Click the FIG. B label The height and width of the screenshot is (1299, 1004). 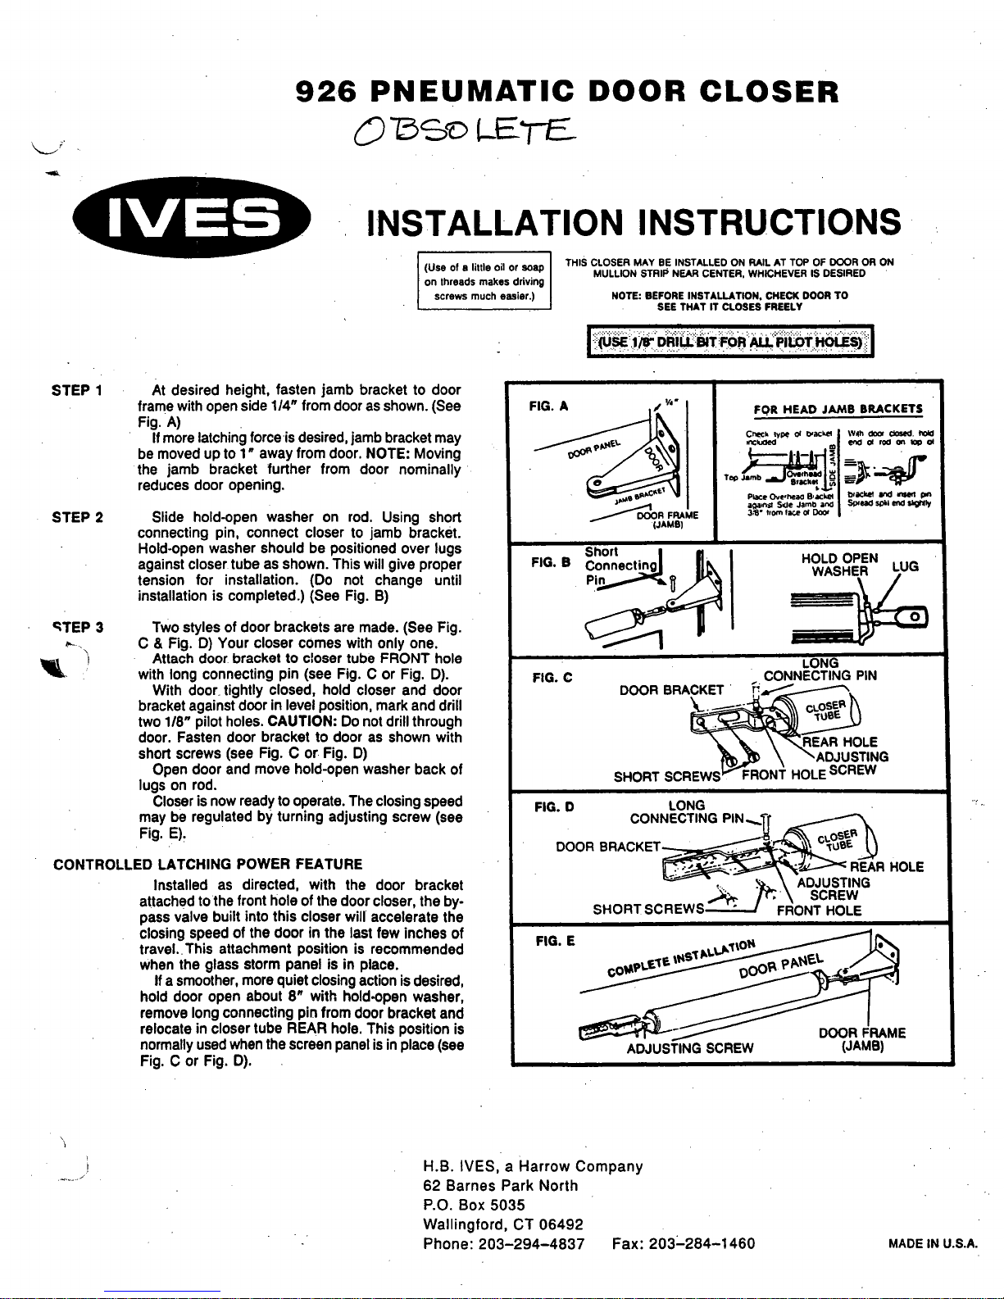click(550, 562)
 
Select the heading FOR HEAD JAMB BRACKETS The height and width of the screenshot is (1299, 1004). click(838, 409)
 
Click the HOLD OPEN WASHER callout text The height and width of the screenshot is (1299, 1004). click(839, 565)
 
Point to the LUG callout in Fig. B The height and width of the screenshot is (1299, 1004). click(905, 566)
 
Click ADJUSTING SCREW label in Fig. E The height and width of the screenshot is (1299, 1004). click(689, 1047)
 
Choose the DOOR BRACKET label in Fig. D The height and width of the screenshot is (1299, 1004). click(607, 846)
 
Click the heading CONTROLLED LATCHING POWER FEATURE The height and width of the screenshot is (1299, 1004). click(207, 864)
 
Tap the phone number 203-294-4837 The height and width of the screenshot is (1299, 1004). click(532, 1243)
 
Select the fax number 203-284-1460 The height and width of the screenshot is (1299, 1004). click(702, 1243)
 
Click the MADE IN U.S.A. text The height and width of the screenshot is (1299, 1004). click(934, 1243)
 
